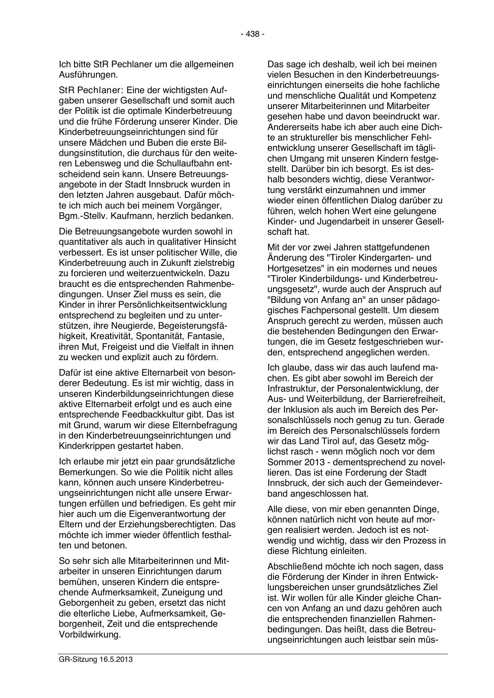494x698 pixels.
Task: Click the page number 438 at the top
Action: pyautogui.click(x=252, y=34)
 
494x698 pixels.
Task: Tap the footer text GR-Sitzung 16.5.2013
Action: pyautogui.click(x=95, y=659)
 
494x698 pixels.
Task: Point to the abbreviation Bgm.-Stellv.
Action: pyautogui.click(x=78, y=216)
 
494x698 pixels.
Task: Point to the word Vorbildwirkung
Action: pyautogui.click(x=89, y=634)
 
